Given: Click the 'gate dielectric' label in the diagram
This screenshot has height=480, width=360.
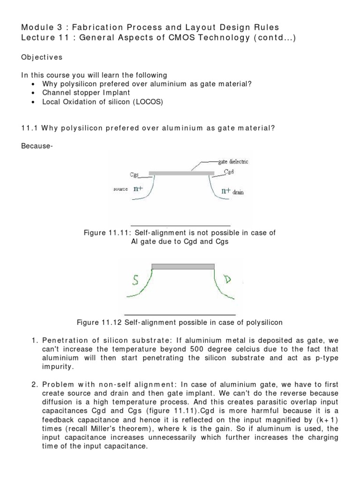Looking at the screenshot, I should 233,162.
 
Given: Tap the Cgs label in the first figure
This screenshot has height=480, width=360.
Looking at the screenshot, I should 135,175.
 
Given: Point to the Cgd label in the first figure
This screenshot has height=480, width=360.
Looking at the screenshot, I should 229,172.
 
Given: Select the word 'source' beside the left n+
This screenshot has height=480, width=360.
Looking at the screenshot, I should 120,189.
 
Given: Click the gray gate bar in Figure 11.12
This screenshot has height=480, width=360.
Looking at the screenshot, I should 183,266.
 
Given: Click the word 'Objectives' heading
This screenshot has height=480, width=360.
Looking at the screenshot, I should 41,57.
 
